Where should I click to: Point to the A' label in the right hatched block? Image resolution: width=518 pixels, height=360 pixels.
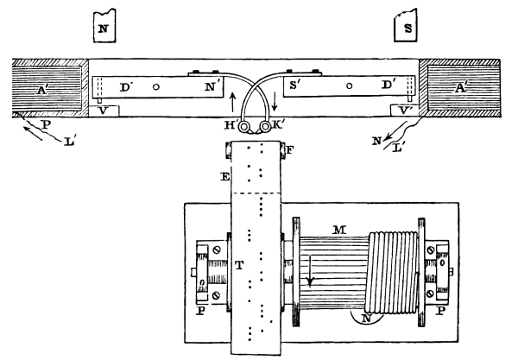click(x=468, y=88)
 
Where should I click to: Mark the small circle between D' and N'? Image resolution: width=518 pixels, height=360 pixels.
click(x=155, y=86)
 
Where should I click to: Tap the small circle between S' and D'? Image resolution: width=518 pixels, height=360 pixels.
click(x=349, y=86)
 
